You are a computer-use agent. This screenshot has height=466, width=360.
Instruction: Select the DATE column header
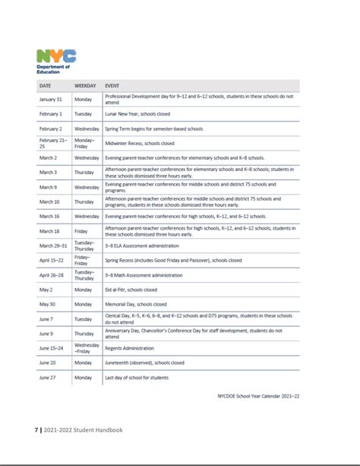(x=45, y=86)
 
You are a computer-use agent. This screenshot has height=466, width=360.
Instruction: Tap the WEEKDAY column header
(x=85, y=86)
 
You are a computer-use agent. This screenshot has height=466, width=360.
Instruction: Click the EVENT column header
(x=112, y=86)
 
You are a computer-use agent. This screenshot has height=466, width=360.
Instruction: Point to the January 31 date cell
(x=50, y=99)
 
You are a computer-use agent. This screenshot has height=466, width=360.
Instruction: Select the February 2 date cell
(x=50, y=128)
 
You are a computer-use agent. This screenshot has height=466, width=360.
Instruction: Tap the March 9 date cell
(x=48, y=186)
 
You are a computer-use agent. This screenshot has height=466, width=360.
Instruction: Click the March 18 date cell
(x=49, y=230)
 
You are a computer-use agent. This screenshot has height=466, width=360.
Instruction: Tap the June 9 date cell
(x=46, y=333)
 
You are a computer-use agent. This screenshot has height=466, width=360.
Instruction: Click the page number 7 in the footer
(x=36, y=430)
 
